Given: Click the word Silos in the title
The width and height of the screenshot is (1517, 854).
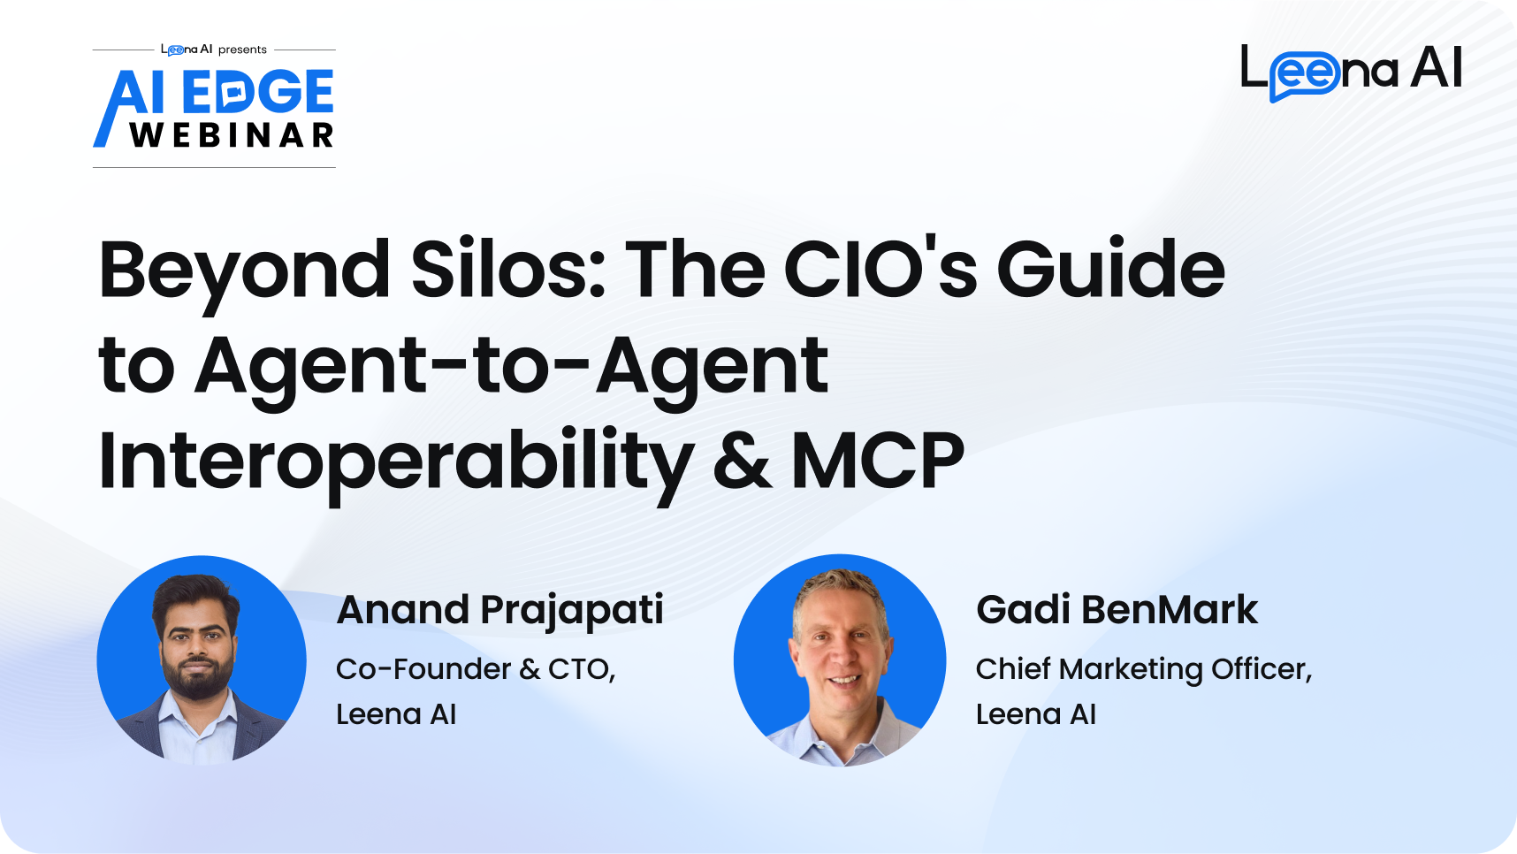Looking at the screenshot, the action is tap(507, 269).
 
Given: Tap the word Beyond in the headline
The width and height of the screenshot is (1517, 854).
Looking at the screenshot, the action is tap(245, 274).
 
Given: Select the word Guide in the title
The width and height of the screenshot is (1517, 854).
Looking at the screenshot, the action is tap(1111, 268).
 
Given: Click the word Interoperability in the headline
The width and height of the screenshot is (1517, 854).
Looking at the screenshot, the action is tap(396, 463).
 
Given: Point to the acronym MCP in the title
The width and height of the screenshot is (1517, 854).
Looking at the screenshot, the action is tap(877, 460).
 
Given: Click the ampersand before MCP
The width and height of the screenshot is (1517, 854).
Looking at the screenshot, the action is tap(742, 460).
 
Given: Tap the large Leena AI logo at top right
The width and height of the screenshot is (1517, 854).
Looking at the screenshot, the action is tap(1352, 71).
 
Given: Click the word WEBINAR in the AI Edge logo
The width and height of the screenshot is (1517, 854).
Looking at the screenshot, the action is tap(232, 135).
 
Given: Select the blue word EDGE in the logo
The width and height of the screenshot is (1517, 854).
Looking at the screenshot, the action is tap(258, 92).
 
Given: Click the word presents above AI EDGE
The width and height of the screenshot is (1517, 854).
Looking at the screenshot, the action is tap(242, 50).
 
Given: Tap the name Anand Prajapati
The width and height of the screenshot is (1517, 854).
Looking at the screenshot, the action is tap(500, 611).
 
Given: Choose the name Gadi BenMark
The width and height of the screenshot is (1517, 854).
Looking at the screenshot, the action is tap(1117, 610).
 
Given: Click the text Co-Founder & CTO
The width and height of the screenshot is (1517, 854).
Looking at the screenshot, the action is tap(476, 669).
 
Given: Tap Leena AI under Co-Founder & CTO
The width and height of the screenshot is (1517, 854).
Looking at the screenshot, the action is tap(396, 714).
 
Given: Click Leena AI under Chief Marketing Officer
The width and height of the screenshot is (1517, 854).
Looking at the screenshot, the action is tap(1036, 714).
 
